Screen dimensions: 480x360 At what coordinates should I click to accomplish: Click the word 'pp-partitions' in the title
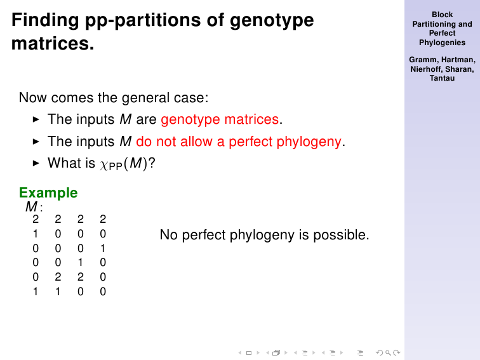tap(143, 21)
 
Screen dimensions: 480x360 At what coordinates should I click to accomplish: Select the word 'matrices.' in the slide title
tap(53, 43)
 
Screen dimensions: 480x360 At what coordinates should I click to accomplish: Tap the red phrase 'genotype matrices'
tap(220, 119)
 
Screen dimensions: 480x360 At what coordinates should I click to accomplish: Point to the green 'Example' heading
tap(48, 193)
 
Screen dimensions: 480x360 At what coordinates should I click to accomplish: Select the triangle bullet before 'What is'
tap(36, 163)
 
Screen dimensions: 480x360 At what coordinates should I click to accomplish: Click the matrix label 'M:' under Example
tap(34, 206)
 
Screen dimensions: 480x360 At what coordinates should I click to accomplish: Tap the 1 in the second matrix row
tap(36, 234)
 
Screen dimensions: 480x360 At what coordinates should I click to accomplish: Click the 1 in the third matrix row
tap(103, 248)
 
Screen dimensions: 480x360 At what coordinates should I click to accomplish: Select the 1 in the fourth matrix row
tap(80, 262)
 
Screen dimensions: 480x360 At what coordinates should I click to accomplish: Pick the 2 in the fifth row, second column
tap(58, 277)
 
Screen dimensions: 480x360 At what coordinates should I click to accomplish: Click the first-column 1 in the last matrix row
tap(36, 291)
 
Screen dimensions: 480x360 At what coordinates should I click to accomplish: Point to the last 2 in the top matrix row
tap(103, 219)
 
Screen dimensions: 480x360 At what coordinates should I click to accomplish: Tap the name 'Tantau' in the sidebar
tap(442, 78)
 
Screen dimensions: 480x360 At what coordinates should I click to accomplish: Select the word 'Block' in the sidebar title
tap(442, 15)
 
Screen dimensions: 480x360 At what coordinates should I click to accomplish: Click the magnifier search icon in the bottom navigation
tap(388, 352)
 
